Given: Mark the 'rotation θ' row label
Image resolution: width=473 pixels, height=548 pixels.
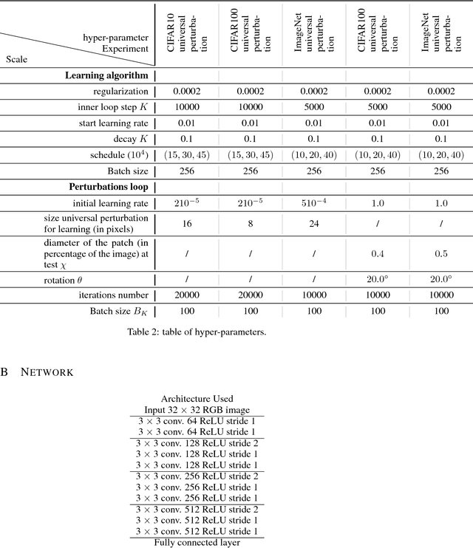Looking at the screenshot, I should click(x=129, y=280).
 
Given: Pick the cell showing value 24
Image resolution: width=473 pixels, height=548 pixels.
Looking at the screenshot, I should click(x=315, y=223).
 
